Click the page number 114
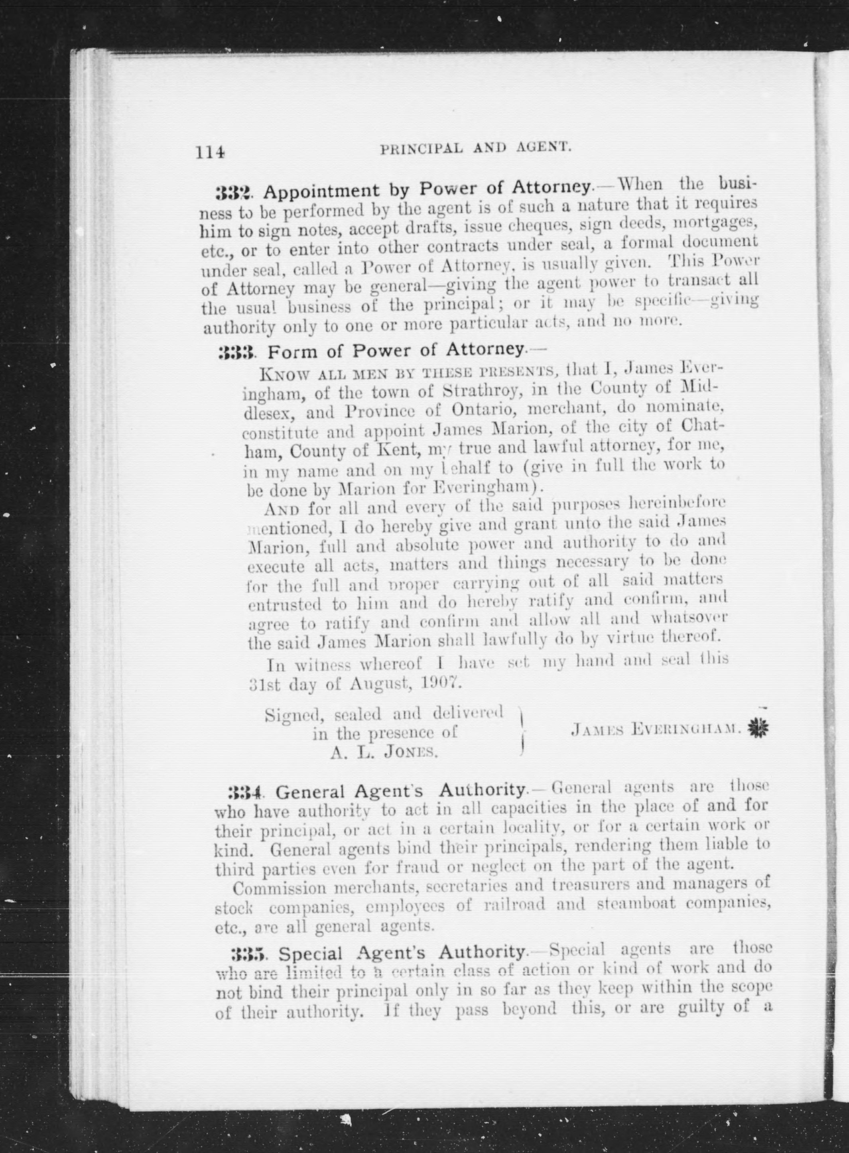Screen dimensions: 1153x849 point(210,153)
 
